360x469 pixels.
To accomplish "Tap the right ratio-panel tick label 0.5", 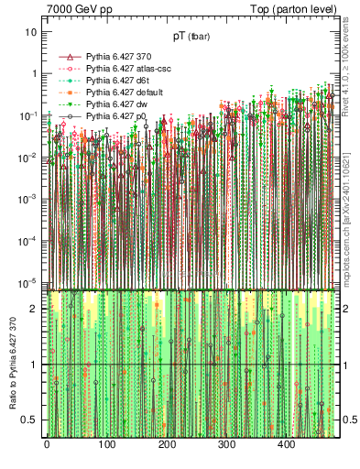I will point(349,420).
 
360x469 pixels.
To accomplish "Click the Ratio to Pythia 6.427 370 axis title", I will point(12,365).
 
